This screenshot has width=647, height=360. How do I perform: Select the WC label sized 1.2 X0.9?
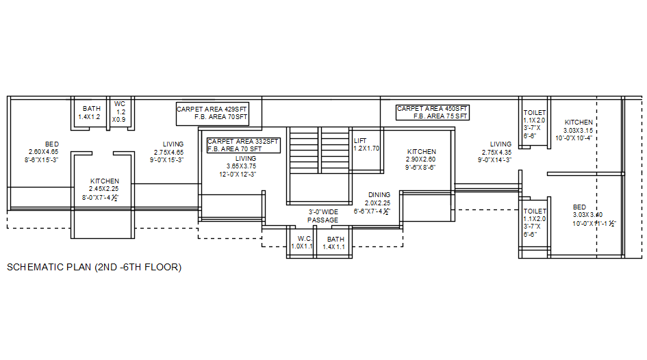(x=120, y=112)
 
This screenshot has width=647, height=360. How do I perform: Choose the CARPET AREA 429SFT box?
(x=212, y=114)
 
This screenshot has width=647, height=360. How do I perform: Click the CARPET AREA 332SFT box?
(x=244, y=144)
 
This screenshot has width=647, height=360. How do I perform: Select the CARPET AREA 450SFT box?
(x=433, y=112)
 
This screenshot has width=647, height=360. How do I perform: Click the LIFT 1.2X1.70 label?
(x=366, y=144)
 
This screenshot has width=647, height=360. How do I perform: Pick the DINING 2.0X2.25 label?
(x=376, y=203)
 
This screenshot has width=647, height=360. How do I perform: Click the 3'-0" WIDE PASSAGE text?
(x=322, y=216)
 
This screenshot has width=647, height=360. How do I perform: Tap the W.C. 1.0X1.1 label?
(x=302, y=242)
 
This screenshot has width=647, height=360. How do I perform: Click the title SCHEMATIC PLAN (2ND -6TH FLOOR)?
(x=94, y=268)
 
